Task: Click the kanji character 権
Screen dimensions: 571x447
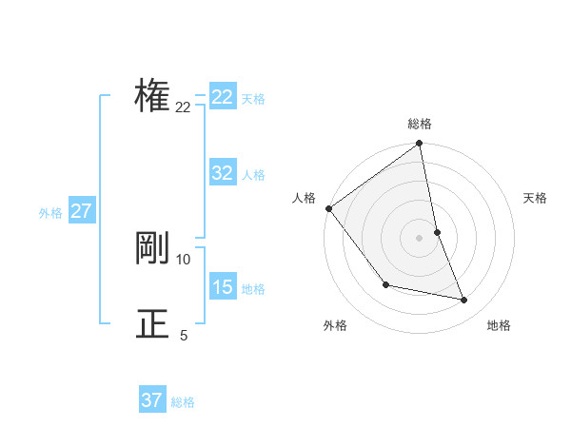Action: pos(152,96)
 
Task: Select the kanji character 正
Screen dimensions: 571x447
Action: pos(152,323)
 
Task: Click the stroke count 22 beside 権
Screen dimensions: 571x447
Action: pos(183,107)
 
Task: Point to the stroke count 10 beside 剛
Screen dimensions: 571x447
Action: pos(184,259)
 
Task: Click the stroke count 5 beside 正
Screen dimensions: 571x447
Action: pos(184,335)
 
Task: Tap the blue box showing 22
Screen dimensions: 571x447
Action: pos(223,97)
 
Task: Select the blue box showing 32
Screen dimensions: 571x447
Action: pos(223,173)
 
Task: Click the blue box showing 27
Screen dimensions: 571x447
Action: pos(81,211)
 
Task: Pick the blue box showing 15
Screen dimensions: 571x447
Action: pos(223,287)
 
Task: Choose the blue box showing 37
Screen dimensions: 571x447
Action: pos(152,400)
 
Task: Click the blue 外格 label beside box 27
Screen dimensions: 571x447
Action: pos(50,213)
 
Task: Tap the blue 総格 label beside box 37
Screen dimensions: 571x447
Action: pos(183,402)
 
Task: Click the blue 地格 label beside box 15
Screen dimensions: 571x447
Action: pos(253,289)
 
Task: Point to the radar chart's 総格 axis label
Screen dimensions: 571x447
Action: pos(420,124)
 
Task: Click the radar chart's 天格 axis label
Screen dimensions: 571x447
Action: pos(535,198)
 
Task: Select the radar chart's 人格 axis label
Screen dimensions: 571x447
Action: pos(304,198)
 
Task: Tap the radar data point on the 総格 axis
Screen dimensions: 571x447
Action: pos(420,145)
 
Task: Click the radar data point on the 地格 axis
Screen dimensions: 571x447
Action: pos(464,300)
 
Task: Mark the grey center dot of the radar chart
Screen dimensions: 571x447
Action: pos(420,237)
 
